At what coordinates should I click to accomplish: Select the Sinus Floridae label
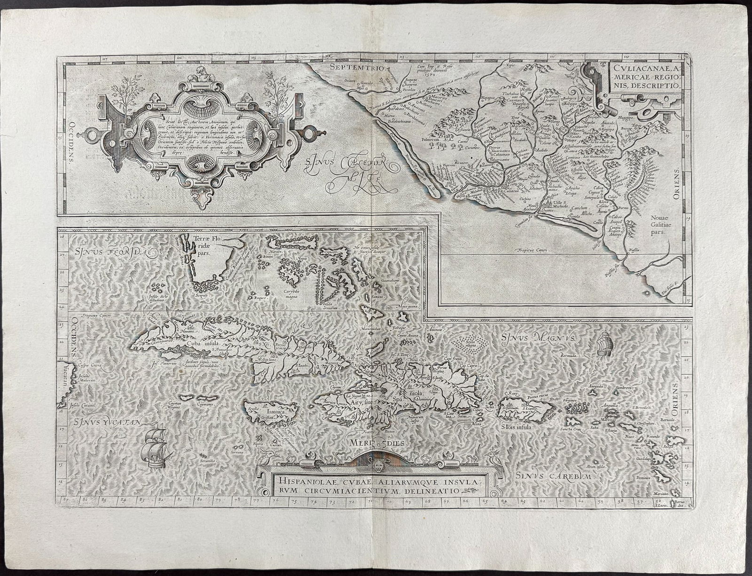coord(112,253)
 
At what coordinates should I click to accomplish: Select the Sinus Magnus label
coord(534,337)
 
